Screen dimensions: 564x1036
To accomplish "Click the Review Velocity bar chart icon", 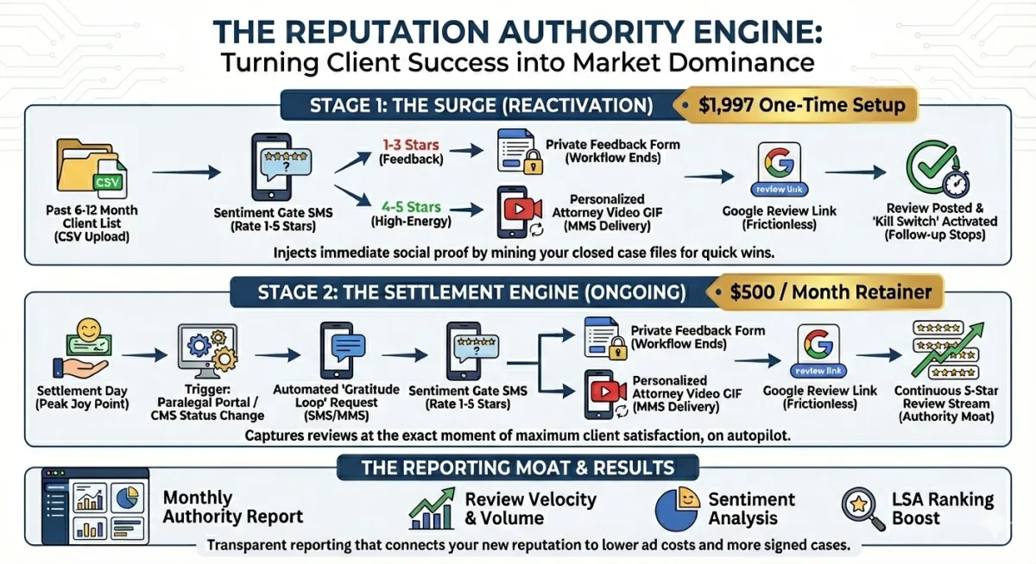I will (x=433, y=509).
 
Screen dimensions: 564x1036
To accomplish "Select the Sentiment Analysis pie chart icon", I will (x=676, y=509).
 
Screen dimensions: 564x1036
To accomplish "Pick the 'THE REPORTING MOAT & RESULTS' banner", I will (x=518, y=468).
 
